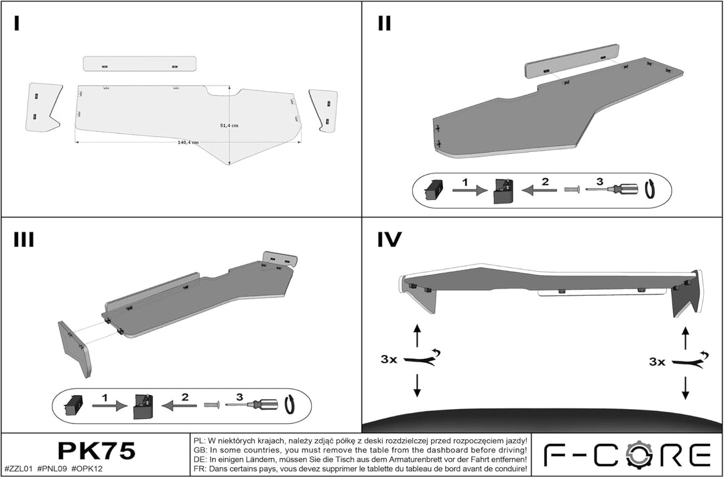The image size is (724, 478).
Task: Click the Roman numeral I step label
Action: click(x=17, y=23)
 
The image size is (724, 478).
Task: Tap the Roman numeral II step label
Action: click(x=384, y=23)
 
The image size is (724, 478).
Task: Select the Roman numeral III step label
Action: click(x=23, y=240)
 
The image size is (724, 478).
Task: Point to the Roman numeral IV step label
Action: click(x=389, y=240)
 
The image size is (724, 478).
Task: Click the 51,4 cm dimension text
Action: click(x=229, y=125)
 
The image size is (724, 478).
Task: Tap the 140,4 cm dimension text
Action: click(x=188, y=143)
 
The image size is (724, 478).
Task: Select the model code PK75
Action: click(x=97, y=451)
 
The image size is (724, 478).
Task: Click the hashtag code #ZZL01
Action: click(x=17, y=469)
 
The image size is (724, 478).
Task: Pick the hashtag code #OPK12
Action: click(x=86, y=469)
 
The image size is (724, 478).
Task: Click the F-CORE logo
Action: click(x=627, y=455)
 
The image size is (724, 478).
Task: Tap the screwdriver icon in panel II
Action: click(x=612, y=189)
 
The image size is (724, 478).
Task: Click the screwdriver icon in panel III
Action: click(x=251, y=405)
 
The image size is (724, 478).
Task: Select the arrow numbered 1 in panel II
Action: click(x=469, y=189)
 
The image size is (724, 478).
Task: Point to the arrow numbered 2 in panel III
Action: click(x=180, y=405)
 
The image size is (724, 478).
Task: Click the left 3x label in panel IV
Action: click(x=389, y=360)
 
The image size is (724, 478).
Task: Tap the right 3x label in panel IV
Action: click(x=657, y=362)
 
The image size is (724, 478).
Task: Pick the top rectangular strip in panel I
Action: click(x=139, y=64)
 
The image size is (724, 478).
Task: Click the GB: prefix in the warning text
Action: click(x=199, y=450)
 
